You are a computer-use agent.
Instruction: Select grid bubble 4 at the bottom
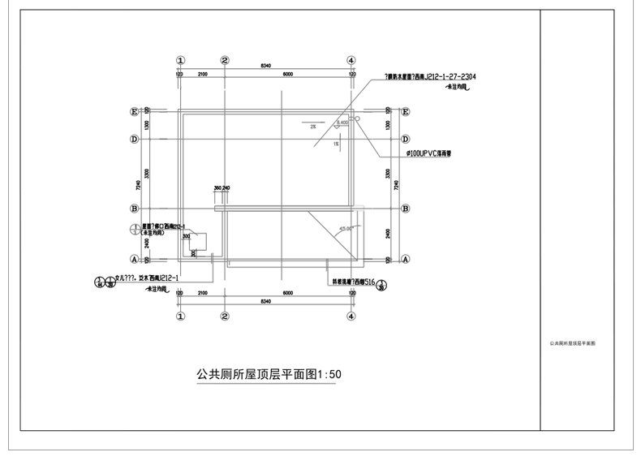point(351,316)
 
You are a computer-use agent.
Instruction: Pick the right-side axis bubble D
point(404,139)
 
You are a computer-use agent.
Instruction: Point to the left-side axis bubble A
point(134,260)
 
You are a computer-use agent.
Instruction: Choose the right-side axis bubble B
point(404,208)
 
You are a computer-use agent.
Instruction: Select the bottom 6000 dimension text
point(288,292)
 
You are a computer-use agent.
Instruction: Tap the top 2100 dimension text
point(202,74)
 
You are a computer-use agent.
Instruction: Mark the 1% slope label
point(335,144)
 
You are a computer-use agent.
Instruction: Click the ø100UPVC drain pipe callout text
point(429,152)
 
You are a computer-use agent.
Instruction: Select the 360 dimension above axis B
point(217,187)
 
